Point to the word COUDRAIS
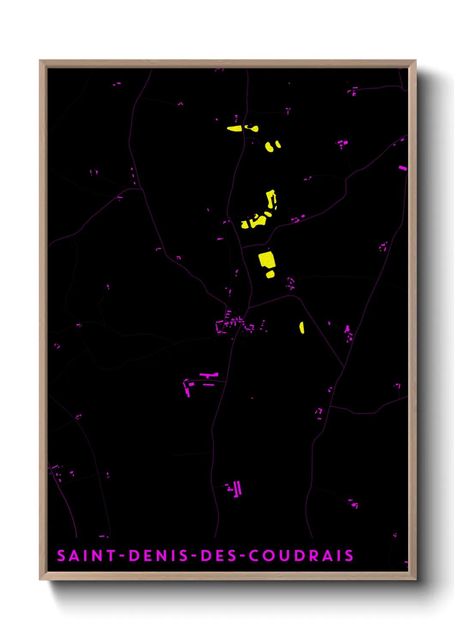[301, 556]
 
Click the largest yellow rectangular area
[266, 260]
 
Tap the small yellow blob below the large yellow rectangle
[270, 274]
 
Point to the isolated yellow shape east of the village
[302, 327]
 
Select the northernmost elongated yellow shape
[234, 128]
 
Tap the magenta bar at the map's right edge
[403, 168]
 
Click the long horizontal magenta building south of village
[209, 375]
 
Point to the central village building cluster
[232, 324]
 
